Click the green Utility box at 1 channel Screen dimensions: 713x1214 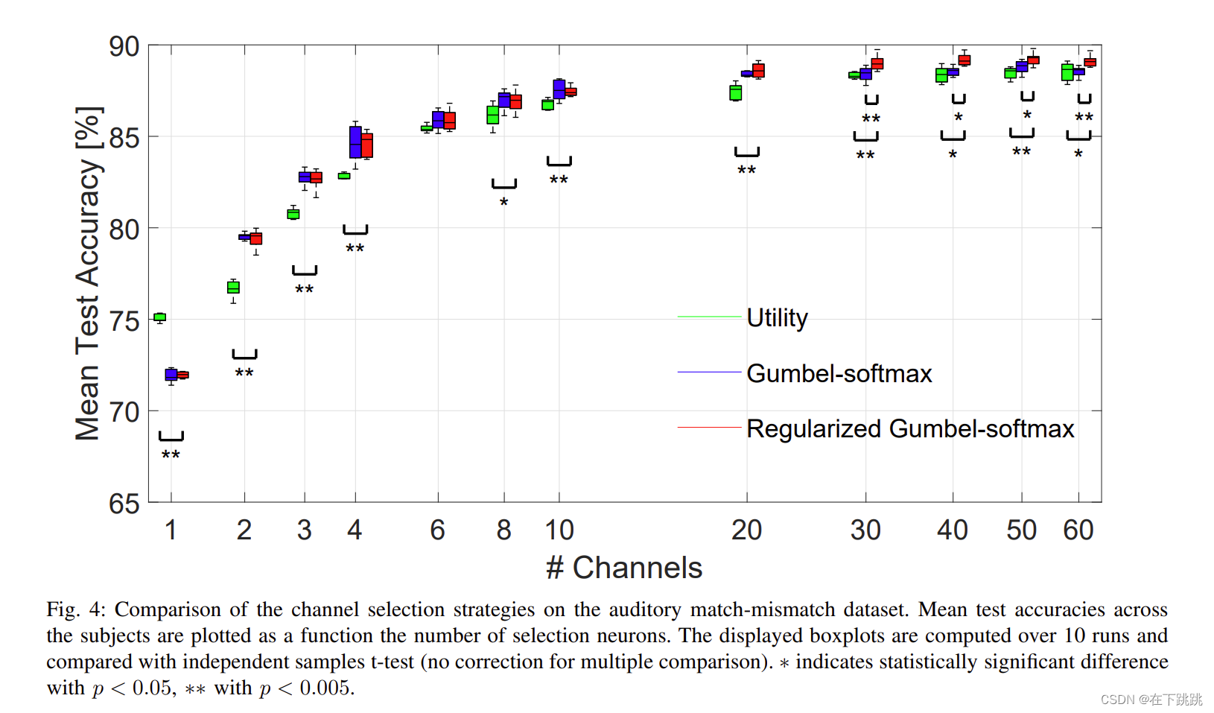159,317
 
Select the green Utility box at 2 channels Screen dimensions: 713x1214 233,288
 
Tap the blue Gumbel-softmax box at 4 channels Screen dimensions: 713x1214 355,142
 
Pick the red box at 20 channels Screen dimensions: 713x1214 758,71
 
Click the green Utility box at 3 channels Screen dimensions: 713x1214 293,214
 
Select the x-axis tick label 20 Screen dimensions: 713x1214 746,530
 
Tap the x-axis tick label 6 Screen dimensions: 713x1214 437,530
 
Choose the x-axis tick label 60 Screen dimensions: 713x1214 1078,530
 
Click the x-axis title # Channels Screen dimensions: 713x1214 624,568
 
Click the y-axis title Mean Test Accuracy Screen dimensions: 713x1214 88,273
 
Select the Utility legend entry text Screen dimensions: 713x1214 777,317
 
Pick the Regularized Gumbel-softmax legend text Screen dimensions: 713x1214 909,428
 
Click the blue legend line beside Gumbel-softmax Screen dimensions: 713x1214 709,372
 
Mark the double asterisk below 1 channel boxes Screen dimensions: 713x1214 171,454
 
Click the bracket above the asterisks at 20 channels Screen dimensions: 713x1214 746,153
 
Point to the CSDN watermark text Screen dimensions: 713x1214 1151,699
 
